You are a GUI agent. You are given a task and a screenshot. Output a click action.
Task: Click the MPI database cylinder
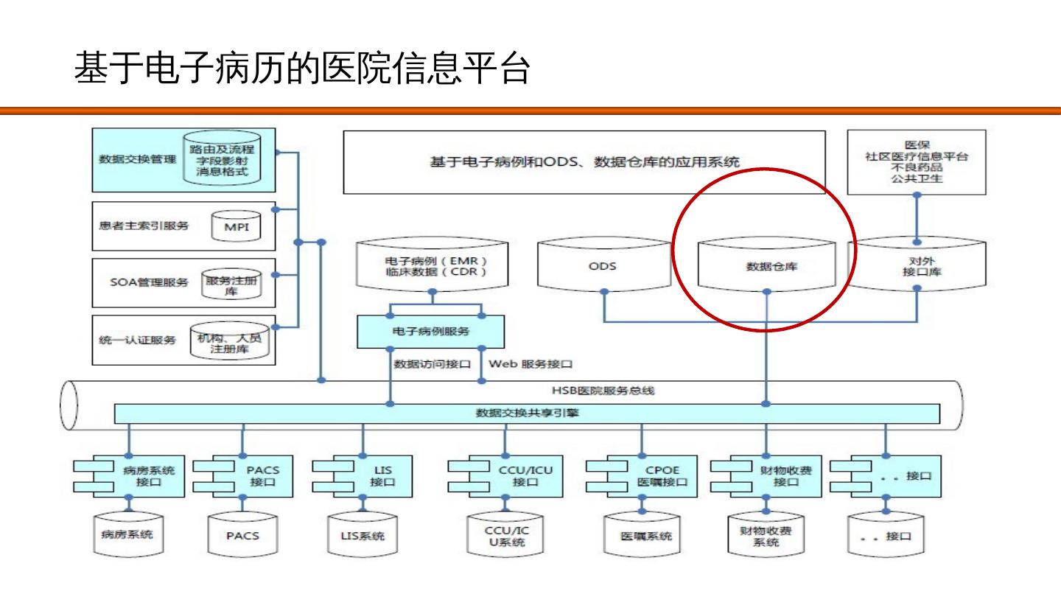(237, 226)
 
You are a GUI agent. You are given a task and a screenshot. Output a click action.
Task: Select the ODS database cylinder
(602, 267)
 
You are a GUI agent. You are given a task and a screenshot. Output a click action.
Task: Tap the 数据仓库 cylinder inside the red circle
(766, 267)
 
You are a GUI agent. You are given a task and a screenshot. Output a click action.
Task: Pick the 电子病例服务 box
(431, 332)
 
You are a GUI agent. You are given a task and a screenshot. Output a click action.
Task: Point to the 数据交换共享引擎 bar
(527, 413)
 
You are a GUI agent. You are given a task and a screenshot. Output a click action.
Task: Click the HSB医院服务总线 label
(603, 391)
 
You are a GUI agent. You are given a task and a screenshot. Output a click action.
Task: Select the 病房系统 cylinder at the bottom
(127, 534)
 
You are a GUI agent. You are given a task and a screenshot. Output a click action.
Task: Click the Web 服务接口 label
(530, 364)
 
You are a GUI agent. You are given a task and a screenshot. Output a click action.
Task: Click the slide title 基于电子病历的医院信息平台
(302, 70)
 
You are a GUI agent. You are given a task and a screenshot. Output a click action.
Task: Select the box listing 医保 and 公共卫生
(917, 162)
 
